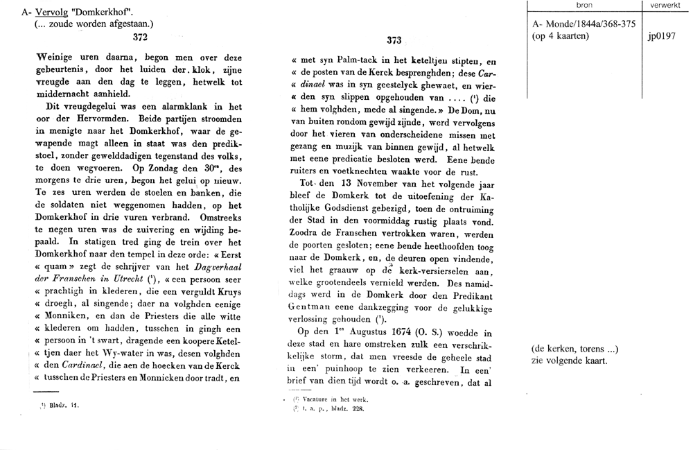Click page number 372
[x=140, y=40]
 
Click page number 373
[x=394, y=40]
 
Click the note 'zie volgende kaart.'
[x=568, y=361]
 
